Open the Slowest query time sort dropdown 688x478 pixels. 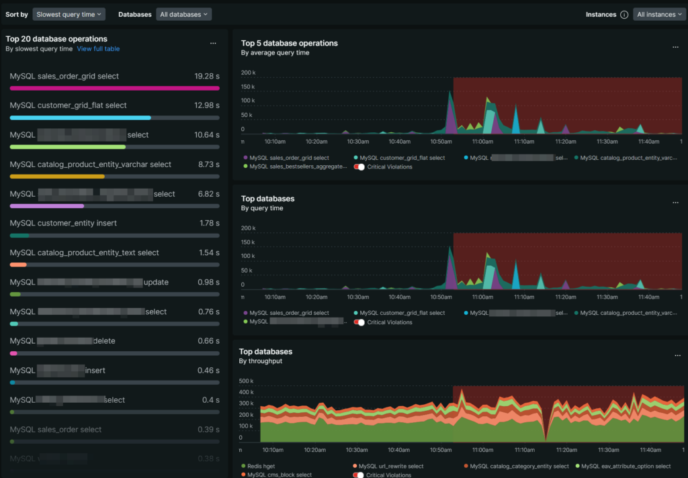[69, 14]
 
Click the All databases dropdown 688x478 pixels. [183, 14]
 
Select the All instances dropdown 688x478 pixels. [660, 14]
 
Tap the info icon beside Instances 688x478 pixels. [624, 15]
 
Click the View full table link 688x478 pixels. [98, 49]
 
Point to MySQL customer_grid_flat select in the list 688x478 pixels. [68, 105]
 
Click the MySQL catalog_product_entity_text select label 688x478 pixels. [84, 253]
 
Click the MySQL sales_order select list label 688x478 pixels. [56, 430]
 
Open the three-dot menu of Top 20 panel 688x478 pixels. [213, 43]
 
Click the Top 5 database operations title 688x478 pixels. [289, 43]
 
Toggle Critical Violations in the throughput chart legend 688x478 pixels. [360, 475]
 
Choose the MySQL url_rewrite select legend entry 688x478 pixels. [391, 466]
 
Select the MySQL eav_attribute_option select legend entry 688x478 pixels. [626, 466]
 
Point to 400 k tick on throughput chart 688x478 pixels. [246, 392]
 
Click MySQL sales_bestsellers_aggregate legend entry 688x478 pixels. [298, 166]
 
